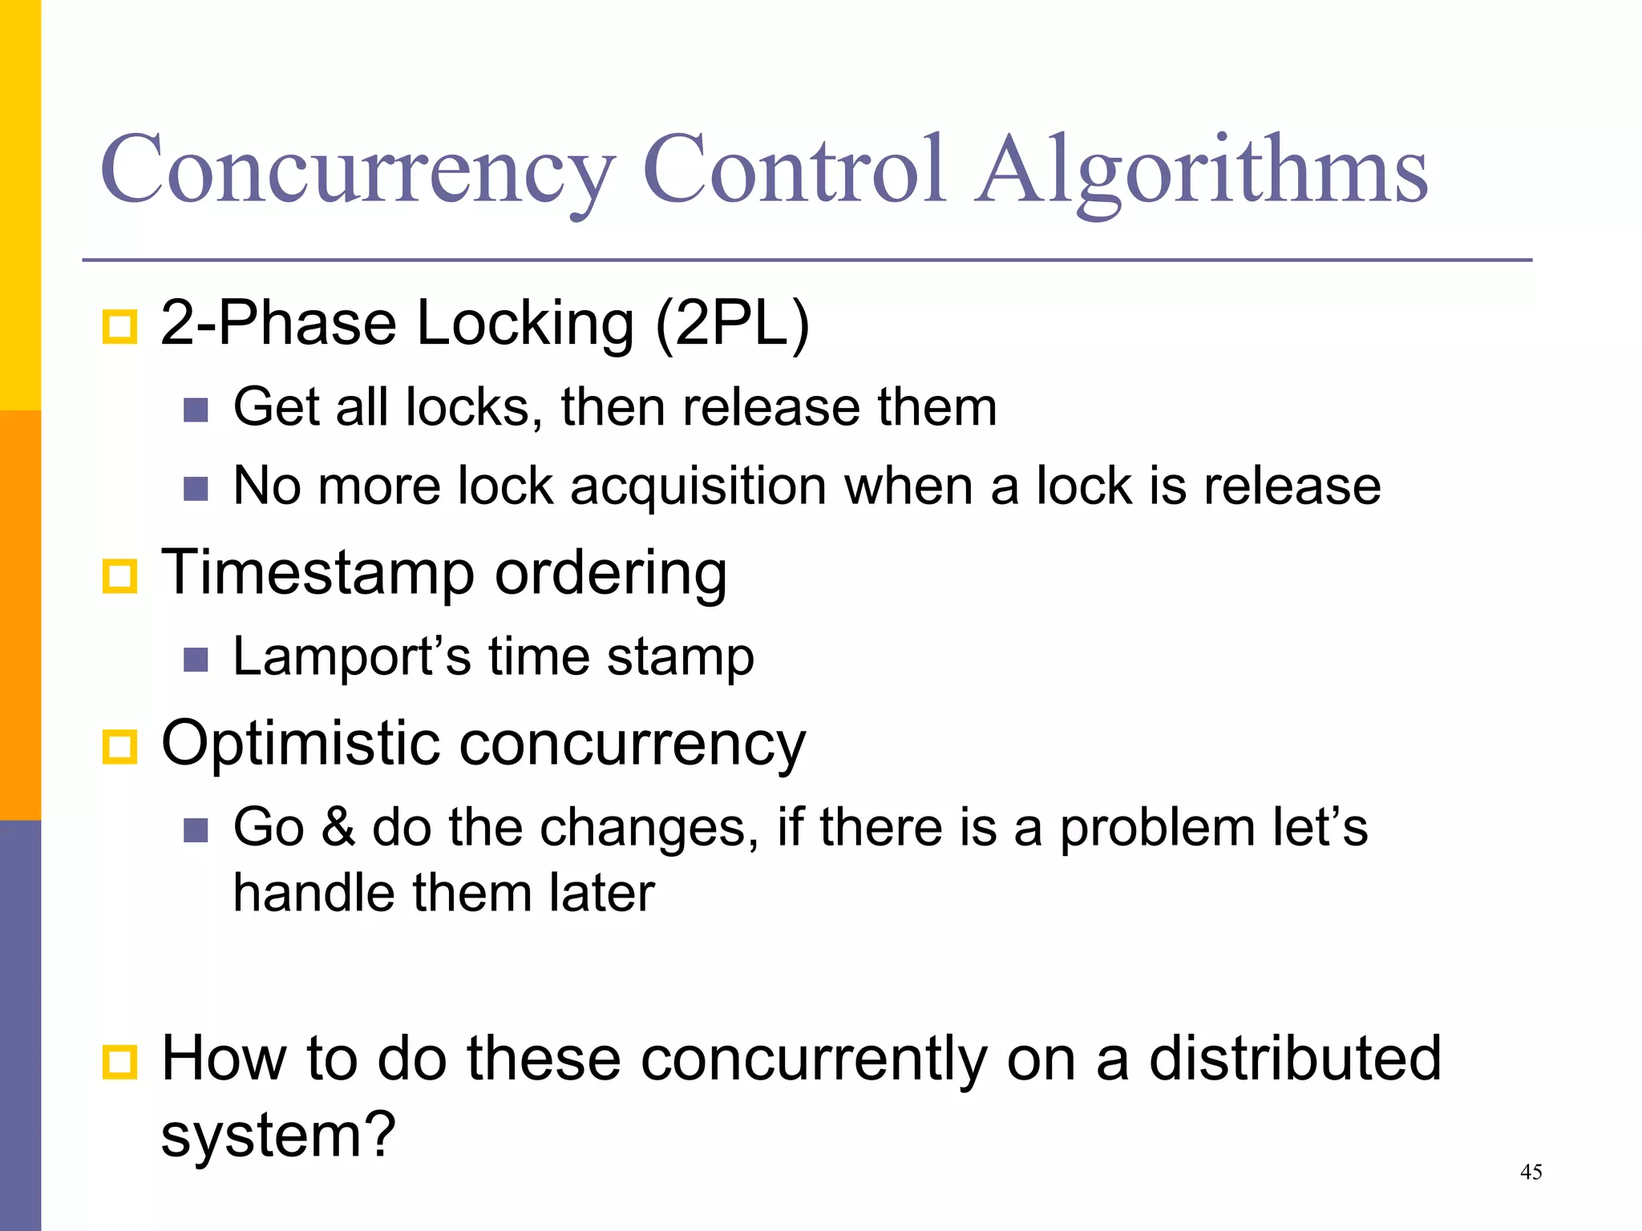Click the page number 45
1531,1172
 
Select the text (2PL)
732,323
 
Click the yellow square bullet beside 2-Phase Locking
120,327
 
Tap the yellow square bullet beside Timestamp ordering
120,576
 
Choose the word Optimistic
300,743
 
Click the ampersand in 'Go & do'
338,827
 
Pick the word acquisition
698,486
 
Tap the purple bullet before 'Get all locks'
196,410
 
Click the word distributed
1294,1058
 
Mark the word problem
1157,827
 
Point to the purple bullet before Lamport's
196,660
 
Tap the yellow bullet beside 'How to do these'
120,1062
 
